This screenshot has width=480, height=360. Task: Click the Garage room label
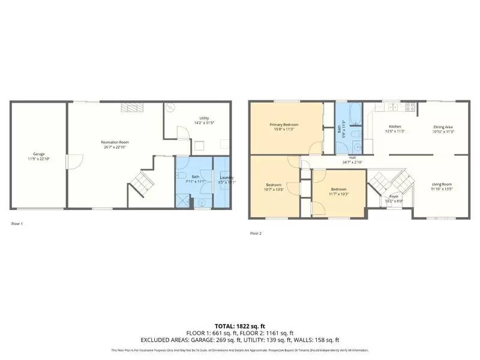pos(38,154)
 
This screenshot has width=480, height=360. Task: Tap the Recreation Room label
pos(115,142)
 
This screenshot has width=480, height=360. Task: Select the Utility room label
pos(205,118)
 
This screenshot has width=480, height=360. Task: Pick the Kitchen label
pos(395,127)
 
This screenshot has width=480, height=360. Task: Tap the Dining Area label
pos(443,127)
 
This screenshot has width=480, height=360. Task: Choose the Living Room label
pos(442,184)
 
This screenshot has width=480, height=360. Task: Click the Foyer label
pos(394,196)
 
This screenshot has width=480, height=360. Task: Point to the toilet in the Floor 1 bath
pos(181,176)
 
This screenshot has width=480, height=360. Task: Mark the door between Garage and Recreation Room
pos(70,161)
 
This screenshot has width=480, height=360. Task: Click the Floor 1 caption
pos(17,224)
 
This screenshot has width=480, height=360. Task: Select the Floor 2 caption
pos(256,233)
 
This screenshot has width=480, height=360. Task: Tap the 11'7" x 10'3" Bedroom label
pos(339,191)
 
